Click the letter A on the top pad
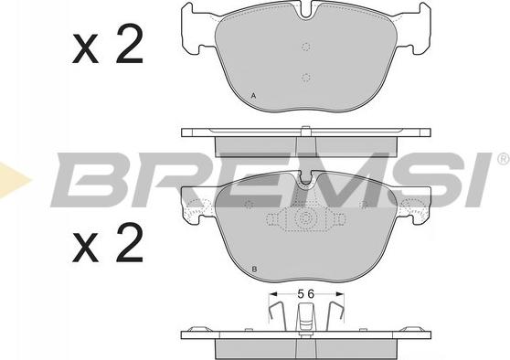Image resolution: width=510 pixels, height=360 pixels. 254,96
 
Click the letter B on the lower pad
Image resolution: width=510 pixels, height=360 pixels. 254,270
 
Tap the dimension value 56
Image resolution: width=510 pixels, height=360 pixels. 306,294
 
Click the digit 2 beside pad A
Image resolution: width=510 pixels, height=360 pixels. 129,43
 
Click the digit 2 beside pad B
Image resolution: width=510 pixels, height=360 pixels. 129,243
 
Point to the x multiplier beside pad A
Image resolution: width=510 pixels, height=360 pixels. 85,48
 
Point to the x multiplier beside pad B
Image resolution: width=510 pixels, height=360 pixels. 85,248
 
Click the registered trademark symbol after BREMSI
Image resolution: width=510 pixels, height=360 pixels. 504,159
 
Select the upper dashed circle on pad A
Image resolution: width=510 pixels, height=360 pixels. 305,47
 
